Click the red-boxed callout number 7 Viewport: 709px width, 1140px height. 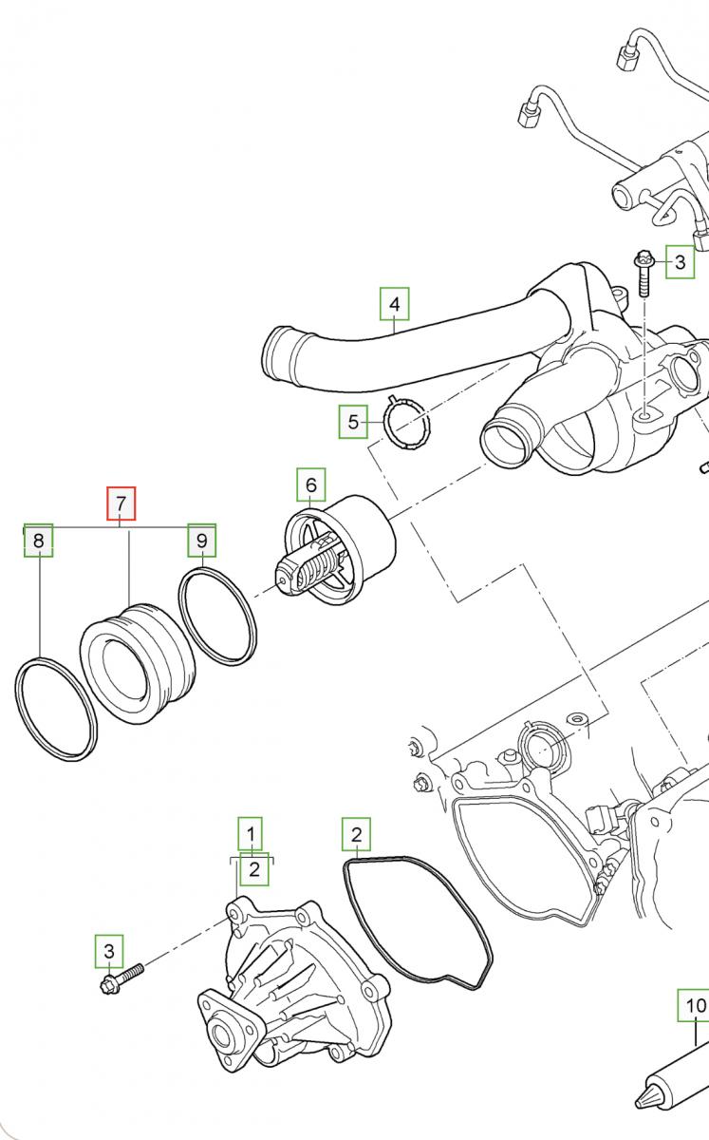[x=121, y=503]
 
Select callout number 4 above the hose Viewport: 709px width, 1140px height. [x=394, y=305]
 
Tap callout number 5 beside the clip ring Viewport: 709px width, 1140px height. [x=354, y=421]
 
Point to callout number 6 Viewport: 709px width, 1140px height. [x=310, y=485]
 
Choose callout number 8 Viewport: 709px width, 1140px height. [x=38, y=541]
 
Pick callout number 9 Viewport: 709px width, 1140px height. [x=201, y=541]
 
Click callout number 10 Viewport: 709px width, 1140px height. [x=695, y=1005]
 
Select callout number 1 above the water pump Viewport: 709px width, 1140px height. [x=251, y=834]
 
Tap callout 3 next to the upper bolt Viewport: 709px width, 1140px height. [x=680, y=261]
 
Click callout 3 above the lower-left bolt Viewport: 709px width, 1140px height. [x=108, y=951]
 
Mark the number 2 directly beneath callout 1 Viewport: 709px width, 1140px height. [x=253, y=868]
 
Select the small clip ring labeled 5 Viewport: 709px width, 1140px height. [x=405, y=424]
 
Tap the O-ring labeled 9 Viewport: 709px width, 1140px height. [x=217, y=616]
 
